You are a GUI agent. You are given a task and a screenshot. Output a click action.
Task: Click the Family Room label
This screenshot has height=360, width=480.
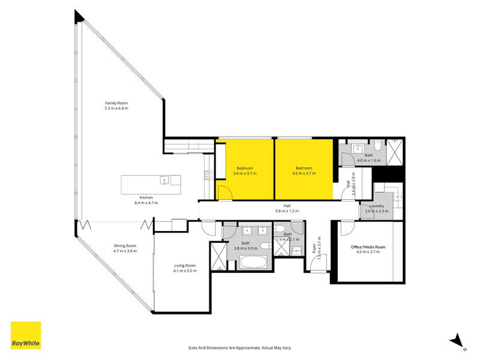pos(116,103)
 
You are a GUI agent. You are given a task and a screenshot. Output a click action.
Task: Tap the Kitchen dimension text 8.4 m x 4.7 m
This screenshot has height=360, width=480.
pos(146,203)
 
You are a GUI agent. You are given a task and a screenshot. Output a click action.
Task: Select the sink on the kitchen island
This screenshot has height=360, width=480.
pos(164,179)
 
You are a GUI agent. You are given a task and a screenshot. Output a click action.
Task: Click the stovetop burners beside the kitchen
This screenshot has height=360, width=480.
pos(208,175)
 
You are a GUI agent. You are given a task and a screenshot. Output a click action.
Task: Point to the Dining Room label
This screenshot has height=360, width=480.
pos(125,245)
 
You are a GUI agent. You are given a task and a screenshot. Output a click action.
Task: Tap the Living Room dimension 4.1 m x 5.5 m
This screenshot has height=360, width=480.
pos(185,271)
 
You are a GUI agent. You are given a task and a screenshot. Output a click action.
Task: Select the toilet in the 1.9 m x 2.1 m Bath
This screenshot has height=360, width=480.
pos(280,229)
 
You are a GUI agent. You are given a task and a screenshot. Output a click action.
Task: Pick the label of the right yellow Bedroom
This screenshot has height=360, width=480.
pos(304,168)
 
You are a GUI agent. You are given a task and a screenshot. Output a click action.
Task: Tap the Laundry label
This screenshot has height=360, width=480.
pos(376,206)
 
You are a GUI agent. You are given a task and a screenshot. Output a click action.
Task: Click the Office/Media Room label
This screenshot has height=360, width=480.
pos(368,247)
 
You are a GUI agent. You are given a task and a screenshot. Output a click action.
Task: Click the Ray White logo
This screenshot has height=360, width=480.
pos(26,335)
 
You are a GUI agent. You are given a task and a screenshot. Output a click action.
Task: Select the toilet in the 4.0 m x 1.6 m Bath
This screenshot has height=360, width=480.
pos(376,145)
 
